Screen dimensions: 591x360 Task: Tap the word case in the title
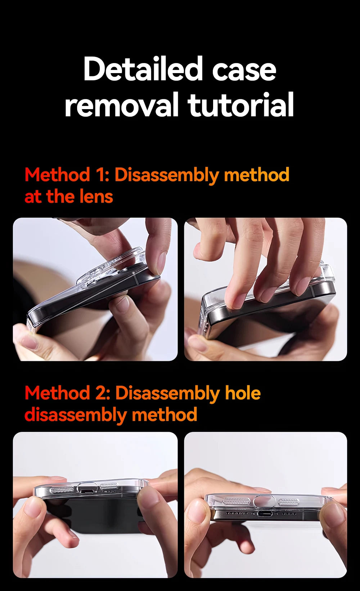(x=244, y=70)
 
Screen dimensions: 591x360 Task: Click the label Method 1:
(x=67, y=175)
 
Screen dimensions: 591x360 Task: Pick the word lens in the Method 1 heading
(x=96, y=197)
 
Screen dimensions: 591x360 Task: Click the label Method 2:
(x=67, y=393)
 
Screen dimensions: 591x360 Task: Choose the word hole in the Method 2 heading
(x=243, y=393)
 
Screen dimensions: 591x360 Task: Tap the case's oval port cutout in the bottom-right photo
(x=265, y=501)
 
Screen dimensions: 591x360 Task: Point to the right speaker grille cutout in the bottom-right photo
(x=288, y=502)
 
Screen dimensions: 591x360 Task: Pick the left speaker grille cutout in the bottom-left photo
(x=62, y=490)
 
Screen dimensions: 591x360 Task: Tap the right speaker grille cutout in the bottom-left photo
(x=109, y=487)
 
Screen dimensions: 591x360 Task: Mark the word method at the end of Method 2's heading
(x=165, y=415)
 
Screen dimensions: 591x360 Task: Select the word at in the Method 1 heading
(x=33, y=197)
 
